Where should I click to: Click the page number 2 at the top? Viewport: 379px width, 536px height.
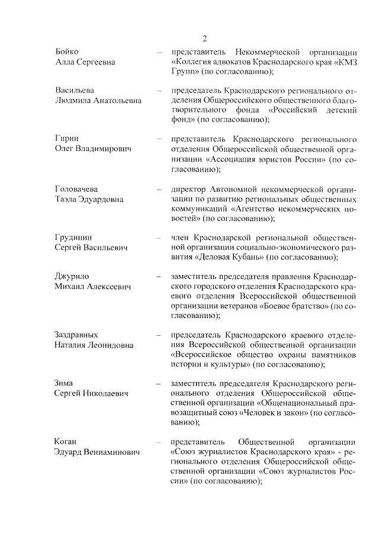(x=204, y=39)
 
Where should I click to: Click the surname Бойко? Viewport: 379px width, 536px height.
(x=66, y=52)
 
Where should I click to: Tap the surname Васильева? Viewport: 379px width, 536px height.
(x=75, y=91)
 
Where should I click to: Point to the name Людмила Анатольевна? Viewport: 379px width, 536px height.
(x=98, y=101)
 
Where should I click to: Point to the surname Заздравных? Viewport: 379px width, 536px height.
(x=76, y=335)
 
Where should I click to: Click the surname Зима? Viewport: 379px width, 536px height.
(x=64, y=383)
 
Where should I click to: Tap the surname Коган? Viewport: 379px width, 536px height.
(x=66, y=442)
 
